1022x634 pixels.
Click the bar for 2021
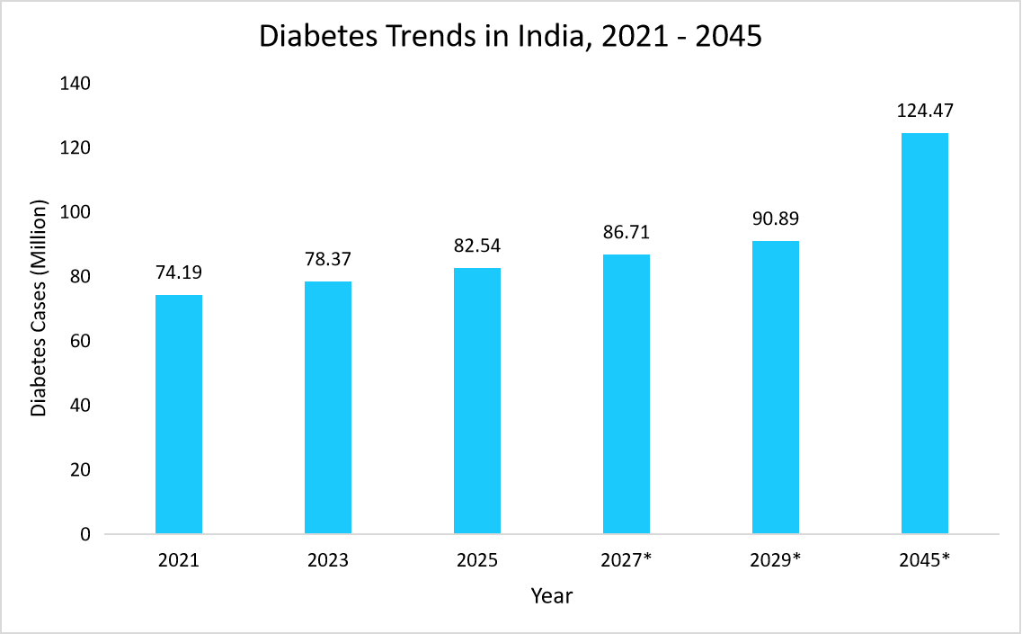click(179, 415)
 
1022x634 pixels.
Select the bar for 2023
click(328, 407)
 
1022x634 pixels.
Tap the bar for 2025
click(477, 401)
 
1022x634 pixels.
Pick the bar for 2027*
click(627, 394)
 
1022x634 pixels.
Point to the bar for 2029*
click(776, 388)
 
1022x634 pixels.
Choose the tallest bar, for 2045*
click(925, 334)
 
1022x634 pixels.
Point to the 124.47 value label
click(925, 112)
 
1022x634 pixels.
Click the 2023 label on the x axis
click(328, 560)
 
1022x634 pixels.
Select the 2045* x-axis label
click(925, 560)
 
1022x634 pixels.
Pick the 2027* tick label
click(627, 560)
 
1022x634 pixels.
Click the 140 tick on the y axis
click(75, 84)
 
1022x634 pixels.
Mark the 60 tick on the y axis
click(80, 342)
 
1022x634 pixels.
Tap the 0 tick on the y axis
click(85, 535)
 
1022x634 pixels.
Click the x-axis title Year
click(551, 595)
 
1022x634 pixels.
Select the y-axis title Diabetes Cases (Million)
click(39, 310)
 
